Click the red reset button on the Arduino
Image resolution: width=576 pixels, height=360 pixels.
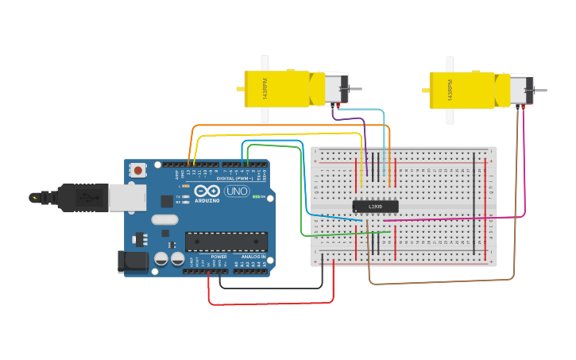139,169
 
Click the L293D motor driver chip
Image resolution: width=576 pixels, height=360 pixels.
376,207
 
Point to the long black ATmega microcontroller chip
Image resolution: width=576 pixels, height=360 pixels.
226,241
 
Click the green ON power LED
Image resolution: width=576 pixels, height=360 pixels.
257,198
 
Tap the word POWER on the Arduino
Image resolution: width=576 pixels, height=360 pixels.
219,257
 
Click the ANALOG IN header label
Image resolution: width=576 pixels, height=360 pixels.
253,257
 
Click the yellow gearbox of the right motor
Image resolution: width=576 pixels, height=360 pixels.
461,90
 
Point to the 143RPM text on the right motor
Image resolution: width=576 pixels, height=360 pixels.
450,90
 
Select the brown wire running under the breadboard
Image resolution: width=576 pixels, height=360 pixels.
437,281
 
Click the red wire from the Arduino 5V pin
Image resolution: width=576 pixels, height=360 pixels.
270,304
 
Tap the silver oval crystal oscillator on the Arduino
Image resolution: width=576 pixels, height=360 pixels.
164,219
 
